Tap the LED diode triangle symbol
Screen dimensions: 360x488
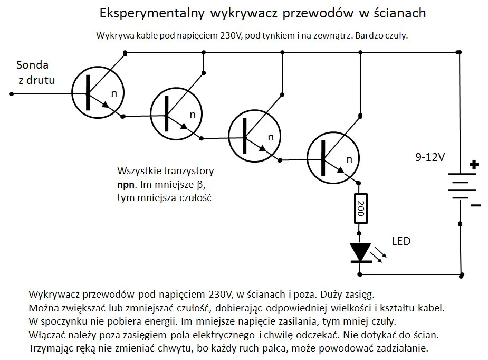(x=361, y=252)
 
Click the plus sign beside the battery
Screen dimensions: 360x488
(x=473, y=165)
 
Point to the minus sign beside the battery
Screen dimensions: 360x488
(x=475, y=205)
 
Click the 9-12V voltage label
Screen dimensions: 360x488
(x=430, y=157)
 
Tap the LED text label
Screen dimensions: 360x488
(x=401, y=241)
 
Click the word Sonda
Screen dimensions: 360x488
(x=33, y=65)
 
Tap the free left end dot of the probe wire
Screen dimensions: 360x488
(x=12, y=95)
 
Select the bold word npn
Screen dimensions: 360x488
(x=126, y=185)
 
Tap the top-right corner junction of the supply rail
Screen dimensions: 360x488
(x=459, y=52)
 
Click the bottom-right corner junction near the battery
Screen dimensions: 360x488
(x=462, y=274)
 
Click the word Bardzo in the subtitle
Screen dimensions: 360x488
(x=372, y=36)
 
